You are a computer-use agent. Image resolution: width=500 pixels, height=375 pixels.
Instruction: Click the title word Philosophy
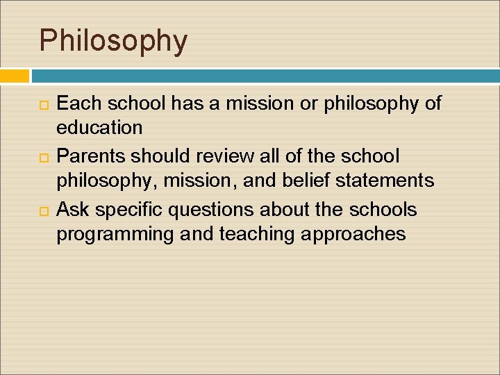click(x=113, y=41)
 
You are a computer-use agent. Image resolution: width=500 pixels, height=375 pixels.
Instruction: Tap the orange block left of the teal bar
click(x=15, y=76)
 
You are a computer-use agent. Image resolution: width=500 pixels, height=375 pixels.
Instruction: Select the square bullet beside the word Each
click(x=44, y=105)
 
